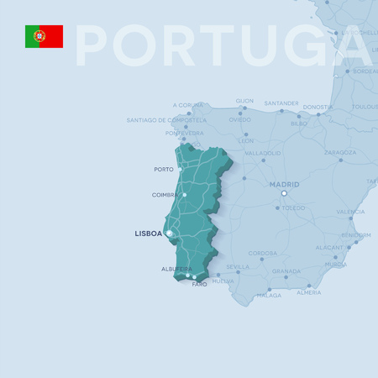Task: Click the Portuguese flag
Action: [x=44, y=36]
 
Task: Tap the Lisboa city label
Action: [x=148, y=234]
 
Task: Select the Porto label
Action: [x=164, y=170]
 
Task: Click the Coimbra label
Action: [x=164, y=195]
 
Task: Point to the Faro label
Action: [x=199, y=285]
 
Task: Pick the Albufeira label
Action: [x=176, y=269]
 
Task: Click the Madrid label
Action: [x=284, y=184]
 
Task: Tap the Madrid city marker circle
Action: [x=284, y=194]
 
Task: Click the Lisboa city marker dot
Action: [x=169, y=233]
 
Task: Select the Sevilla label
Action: [x=238, y=267]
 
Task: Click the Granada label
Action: [x=286, y=271]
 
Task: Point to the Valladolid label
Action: [x=263, y=154]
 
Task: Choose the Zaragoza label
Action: [x=340, y=153]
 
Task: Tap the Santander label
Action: [x=281, y=103]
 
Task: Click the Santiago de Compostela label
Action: [x=166, y=120]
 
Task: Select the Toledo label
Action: [x=294, y=207]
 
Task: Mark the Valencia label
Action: [x=350, y=212]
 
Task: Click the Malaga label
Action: [x=270, y=296]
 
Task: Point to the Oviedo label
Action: [x=240, y=119]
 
